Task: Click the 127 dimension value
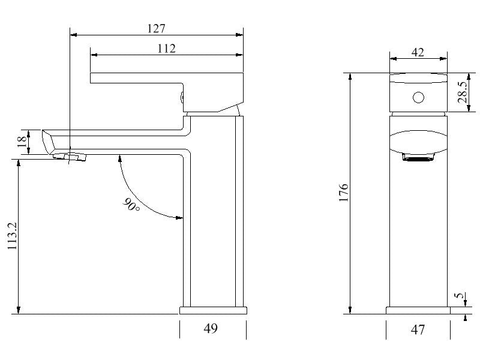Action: click(156, 28)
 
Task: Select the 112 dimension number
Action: click(166, 49)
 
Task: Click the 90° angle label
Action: click(131, 205)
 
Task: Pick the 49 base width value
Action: click(211, 328)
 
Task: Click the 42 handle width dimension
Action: click(418, 52)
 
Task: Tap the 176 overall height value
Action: click(344, 193)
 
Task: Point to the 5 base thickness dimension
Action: click(459, 296)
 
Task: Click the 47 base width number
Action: click(418, 329)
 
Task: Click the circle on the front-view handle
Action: click(419, 97)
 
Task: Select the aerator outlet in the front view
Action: click(418, 158)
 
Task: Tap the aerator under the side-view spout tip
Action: click(70, 157)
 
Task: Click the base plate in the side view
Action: click(213, 310)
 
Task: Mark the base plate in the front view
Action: click(418, 310)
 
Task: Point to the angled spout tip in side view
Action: click(49, 141)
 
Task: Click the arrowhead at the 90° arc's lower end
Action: click(179, 217)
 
